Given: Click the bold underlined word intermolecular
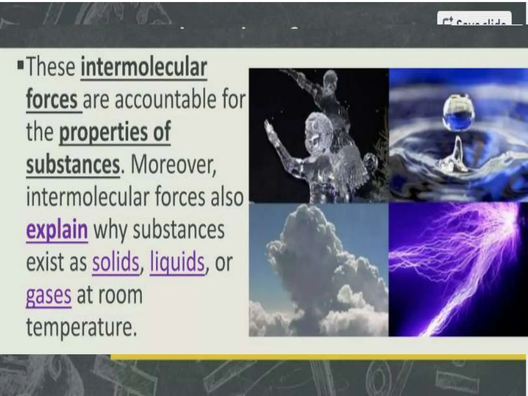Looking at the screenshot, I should (144, 68).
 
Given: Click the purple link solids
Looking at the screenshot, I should (115, 262).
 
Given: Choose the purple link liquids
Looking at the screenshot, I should (177, 262).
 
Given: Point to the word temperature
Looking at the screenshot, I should (81, 327).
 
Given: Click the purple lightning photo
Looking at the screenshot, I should (458, 269).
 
